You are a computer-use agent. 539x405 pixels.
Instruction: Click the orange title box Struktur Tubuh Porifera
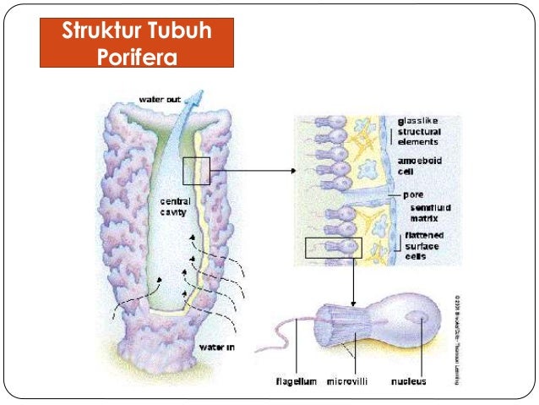click(x=136, y=45)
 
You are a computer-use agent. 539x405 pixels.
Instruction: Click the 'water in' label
click(x=218, y=348)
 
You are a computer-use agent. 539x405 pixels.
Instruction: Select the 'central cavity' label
click(x=175, y=207)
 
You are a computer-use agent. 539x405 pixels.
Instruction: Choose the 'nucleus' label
click(x=408, y=381)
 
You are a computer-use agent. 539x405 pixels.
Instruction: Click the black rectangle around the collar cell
click(x=334, y=247)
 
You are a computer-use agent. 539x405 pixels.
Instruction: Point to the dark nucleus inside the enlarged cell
click(x=419, y=317)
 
